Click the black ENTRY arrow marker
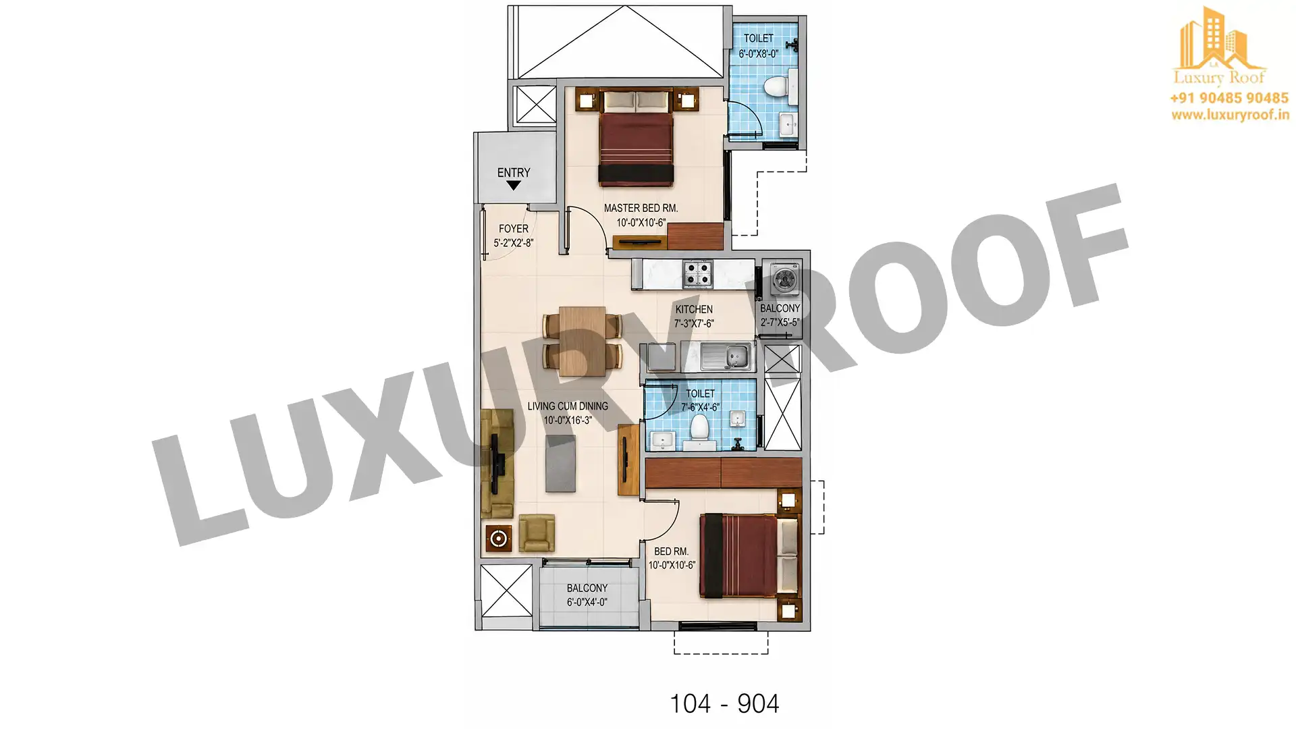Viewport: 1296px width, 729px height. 513,186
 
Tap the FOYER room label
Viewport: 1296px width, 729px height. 514,229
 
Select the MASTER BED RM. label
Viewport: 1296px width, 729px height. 641,209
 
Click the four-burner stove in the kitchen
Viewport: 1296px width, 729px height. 697,274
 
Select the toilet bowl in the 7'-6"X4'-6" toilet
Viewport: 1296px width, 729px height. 699,429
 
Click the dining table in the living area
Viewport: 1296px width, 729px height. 583,342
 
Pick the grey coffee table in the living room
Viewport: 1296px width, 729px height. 561,463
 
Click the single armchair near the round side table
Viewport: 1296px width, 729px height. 537,533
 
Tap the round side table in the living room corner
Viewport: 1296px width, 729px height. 499,539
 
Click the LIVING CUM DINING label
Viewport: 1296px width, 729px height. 568,406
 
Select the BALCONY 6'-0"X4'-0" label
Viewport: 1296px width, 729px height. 587,595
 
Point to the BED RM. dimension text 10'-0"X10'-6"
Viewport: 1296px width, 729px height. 672,566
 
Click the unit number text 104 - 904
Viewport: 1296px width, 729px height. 724,704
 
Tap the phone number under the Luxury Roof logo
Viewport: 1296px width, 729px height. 1229,99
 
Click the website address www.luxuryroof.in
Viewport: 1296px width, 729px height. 1230,115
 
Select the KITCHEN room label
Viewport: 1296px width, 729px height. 694,310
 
